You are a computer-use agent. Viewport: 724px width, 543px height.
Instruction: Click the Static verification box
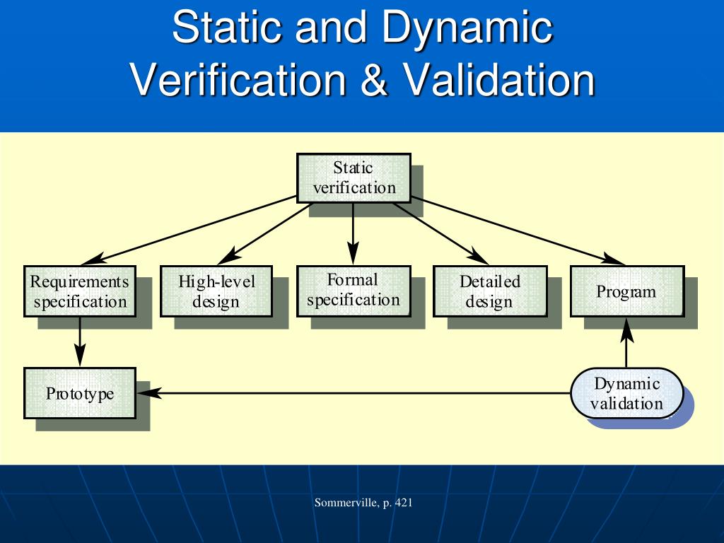pyautogui.click(x=354, y=178)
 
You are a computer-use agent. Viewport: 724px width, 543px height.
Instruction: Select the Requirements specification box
pyautogui.click(x=80, y=291)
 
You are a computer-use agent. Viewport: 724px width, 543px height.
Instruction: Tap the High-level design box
pyautogui.click(x=216, y=291)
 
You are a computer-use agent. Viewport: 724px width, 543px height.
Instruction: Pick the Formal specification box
pyautogui.click(x=354, y=290)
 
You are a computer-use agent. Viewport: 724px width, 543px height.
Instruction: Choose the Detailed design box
pyautogui.click(x=489, y=291)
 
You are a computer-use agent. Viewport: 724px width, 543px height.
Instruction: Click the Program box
pyautogui.click(x=626, y=291)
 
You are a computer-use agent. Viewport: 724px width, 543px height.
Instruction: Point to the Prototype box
pyautogui.click(x=80, y=393)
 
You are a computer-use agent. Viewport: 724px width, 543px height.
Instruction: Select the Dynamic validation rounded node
pyautogui.click(x=627, y=393)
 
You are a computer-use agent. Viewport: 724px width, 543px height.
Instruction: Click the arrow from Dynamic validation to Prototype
pyautogui.click(x=354, y=393)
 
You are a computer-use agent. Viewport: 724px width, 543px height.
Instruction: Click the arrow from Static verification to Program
pyautogui.click(x=509, y=228)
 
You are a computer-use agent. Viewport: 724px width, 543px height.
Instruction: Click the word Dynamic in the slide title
pyautogui.click(x=467, y=28)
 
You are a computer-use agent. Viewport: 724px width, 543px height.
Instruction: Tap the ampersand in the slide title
pyautogui.click(x=373, y=80)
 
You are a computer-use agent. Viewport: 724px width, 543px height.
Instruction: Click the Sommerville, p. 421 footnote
pyautogui.click(x=363, y=503)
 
